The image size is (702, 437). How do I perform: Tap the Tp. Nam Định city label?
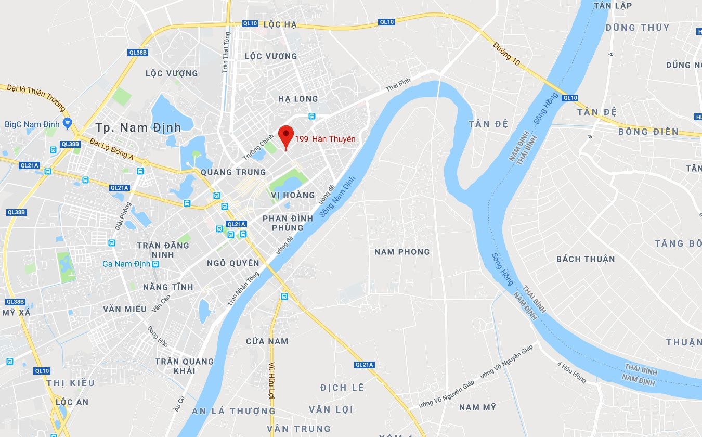click(x=138, y=127)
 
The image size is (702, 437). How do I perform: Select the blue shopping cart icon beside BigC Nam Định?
click(x=67, y=124)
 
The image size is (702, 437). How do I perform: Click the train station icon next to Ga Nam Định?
click(x=155, y=264)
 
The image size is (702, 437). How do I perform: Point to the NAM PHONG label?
click(x=402, y=252)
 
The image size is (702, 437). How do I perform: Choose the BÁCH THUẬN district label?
click(x=586, y=259)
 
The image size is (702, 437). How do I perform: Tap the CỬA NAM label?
click(x=267, y=341)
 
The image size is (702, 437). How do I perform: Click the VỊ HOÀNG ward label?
click(x=293, y=195)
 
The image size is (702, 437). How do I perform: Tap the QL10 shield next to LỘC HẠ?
click(x=250, y=24)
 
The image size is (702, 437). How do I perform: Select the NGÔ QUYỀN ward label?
click(x=232, y=263)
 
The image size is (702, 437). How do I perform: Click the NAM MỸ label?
click(x=477, y=407)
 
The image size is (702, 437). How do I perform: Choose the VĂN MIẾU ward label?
click(x=125, y=309)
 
